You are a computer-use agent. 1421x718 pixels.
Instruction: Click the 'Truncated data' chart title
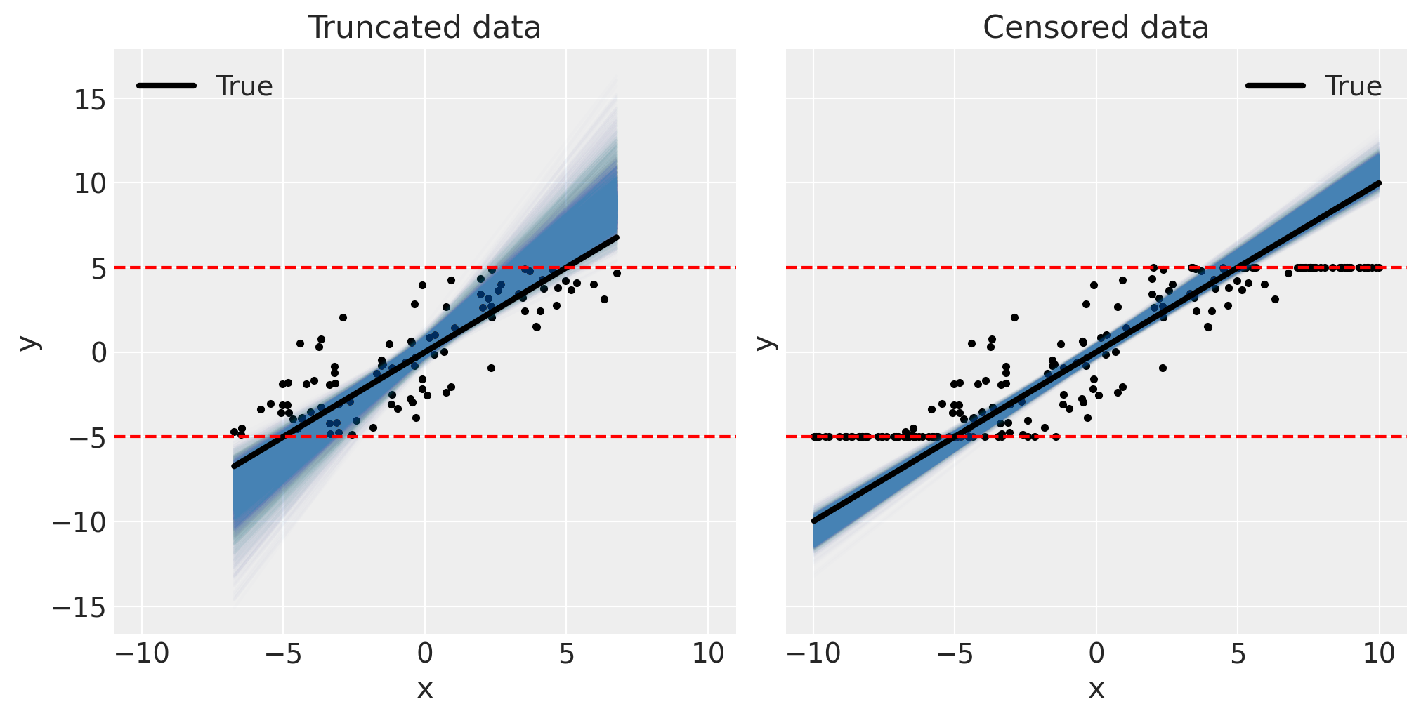click(x=424, y=28)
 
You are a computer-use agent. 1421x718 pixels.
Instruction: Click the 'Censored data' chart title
click(x=1096, y=28)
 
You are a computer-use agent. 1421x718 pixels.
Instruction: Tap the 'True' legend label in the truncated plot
click(x=244, y=86)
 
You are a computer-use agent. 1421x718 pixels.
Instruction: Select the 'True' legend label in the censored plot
click(x=1353, y=86)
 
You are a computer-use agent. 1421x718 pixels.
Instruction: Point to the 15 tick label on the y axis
click(x=89, y=100)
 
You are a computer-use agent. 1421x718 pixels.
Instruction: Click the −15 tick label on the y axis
click(x=79, y=607)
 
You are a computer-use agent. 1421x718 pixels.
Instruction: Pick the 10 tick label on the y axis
click(x=89, y=184)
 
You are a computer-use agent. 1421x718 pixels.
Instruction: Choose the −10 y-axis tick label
click(x=79, y=522)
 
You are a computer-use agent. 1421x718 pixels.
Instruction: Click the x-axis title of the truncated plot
click(x=425, y=689)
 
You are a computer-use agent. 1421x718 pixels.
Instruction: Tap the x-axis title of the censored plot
click(x=1096, y=689)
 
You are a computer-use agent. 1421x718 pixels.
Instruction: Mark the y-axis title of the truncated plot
click(x=30, y=342)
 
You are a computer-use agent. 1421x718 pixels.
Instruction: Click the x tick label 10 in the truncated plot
click(x=708, y=654)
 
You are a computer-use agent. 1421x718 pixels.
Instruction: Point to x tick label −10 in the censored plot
click(x=812, y=654)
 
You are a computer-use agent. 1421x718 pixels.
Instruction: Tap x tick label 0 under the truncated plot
click(x=425, y=654)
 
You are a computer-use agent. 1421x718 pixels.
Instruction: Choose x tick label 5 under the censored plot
click(x=1238, y=654)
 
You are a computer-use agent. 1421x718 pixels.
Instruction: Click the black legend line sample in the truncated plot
click(x=167, y=86)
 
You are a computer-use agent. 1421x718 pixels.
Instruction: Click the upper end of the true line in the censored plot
click(x=1379, y=184)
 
